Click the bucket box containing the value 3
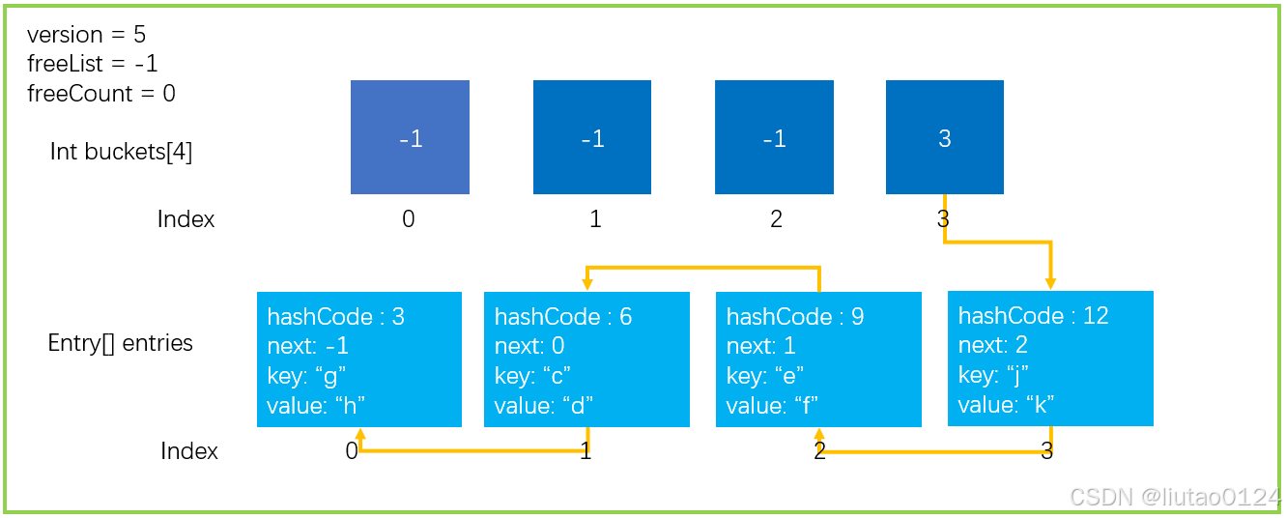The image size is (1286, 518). (x=944, y=137)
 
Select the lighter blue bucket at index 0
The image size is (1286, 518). (x=410, y=137)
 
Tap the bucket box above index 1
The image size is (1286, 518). (x=592, y=137)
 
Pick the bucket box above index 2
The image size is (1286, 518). (x=774, y=137)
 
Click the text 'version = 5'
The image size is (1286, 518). (x=86, y=35)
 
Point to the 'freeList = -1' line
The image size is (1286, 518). (x=92, y=64)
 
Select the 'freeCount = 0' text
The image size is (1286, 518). (x=101, y=94)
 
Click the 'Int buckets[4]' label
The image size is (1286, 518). (x=121, y=152)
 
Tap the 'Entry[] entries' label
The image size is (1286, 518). (x=120, y=343)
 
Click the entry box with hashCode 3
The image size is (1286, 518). (x=359, y=360)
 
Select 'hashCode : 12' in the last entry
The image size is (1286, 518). (x=1033, y=316)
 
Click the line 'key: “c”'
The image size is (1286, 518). (x=532, y=376)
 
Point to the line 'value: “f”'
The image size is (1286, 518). (x=772, y=406)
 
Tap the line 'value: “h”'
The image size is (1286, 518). (x=316, y=406)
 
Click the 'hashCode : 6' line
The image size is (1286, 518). (x=563, y=316)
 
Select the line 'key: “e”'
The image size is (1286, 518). (x=764, y=376)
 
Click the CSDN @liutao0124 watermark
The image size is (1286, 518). (x=1175, y=497)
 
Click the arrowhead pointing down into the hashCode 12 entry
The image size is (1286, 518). (x=1050, y=284)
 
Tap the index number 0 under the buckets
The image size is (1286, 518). (x=408, y=218)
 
